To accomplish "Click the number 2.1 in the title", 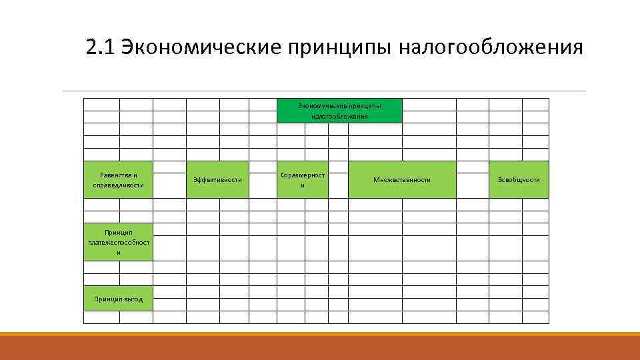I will pyautogui.click(x=101, y=48).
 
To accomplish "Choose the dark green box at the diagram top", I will pyautogui.click(x=339, y=111).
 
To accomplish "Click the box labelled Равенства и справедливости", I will pyautogui.click(x=118, y=179).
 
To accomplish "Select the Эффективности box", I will pyautogui.click(x=217, y=179).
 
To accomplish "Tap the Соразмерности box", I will pyautogui.click(x=302, y=179).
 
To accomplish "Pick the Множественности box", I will pyautogui.click(x=402, y=179).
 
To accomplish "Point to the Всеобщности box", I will pyautogui.click(x=519, y=179).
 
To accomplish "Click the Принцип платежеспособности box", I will pyautogui.click(x=118, y=242).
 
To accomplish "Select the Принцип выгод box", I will pyautogui.click(x=118, y=299).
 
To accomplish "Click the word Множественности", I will pyautogui.click(x=402, y=180).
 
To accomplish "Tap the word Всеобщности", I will pyautogui.click(x=519, y=180).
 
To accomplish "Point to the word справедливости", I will pyautogui.click(x=119, y=185).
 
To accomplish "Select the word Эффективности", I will pyautogui.click(x=217, y=180).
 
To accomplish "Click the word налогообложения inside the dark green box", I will pyautogui.click(x=339, y=117).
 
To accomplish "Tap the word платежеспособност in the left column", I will pyautogui.click(x=119, y=243).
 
